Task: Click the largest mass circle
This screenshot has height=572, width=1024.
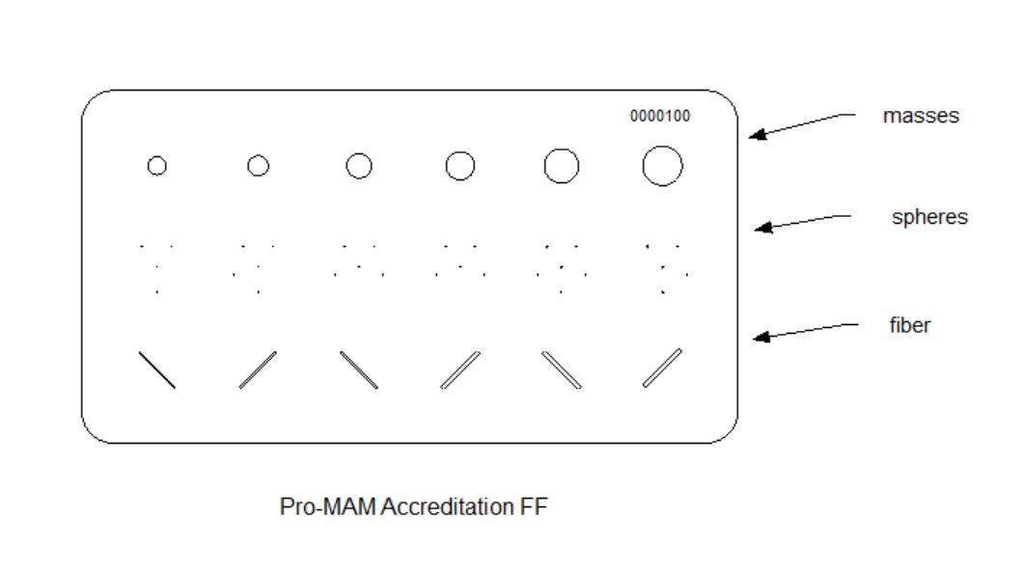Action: click(662, 166)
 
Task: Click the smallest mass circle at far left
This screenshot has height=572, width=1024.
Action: click(156, 166)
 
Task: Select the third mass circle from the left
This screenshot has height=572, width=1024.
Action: click(359, 166)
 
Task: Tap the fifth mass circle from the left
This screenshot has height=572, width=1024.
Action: click(562, 166)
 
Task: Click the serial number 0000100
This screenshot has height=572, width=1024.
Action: click(660, 117)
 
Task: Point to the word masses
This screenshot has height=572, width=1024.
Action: click(921, 116)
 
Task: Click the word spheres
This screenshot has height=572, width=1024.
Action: click(928, 217)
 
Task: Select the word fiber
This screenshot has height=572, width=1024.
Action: click(910, 325)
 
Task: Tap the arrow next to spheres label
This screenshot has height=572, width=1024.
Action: click(803, 223)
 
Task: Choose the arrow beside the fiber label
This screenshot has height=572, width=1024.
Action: click(805, 331)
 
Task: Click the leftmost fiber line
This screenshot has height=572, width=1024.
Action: click(157, 370)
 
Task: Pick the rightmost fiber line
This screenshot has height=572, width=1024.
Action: click(662, 368)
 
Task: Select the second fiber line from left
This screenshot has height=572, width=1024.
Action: click(258, 369)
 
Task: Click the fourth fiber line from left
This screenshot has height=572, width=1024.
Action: click(460, 369)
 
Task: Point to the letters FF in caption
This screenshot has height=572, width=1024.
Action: click(535, 506)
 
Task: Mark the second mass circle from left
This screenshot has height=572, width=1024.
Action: click(258, 166)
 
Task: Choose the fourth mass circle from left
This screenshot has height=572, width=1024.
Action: click(460, 166)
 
